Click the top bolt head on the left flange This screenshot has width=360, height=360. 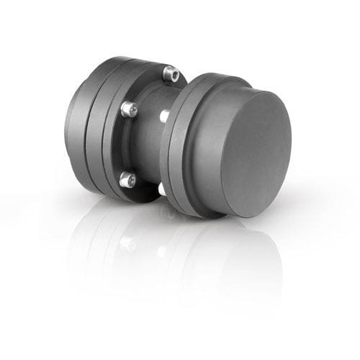(170, 72)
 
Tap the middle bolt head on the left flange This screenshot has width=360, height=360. (127, 109)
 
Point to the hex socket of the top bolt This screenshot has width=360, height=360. (171, 71)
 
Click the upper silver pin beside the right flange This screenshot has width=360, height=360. (164, 114)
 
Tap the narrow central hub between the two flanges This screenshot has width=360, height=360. (148, 144)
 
